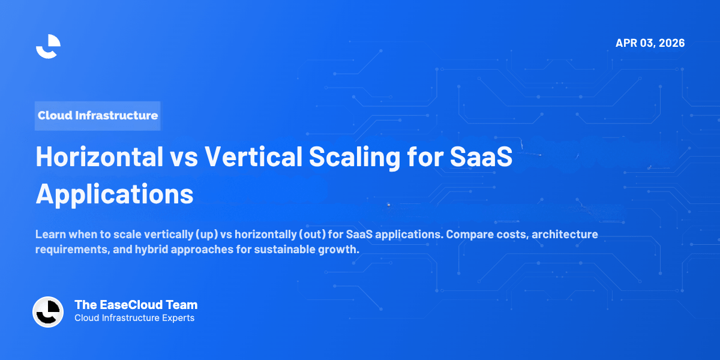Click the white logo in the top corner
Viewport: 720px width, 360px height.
click(48, 46)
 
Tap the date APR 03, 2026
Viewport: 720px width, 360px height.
click(650, 43)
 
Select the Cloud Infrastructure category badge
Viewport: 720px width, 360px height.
click(98, 115)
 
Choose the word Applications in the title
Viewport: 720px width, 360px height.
click(115, 194)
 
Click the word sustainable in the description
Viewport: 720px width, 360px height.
click(287, 250)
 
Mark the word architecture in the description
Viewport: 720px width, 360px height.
click(564, 234)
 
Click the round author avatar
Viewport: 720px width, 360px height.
click(48, 312)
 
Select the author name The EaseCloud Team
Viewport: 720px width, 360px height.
click(136, 305)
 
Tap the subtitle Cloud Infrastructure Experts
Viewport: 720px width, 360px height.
click(134, 318)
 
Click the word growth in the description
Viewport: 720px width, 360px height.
click(343, 250)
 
